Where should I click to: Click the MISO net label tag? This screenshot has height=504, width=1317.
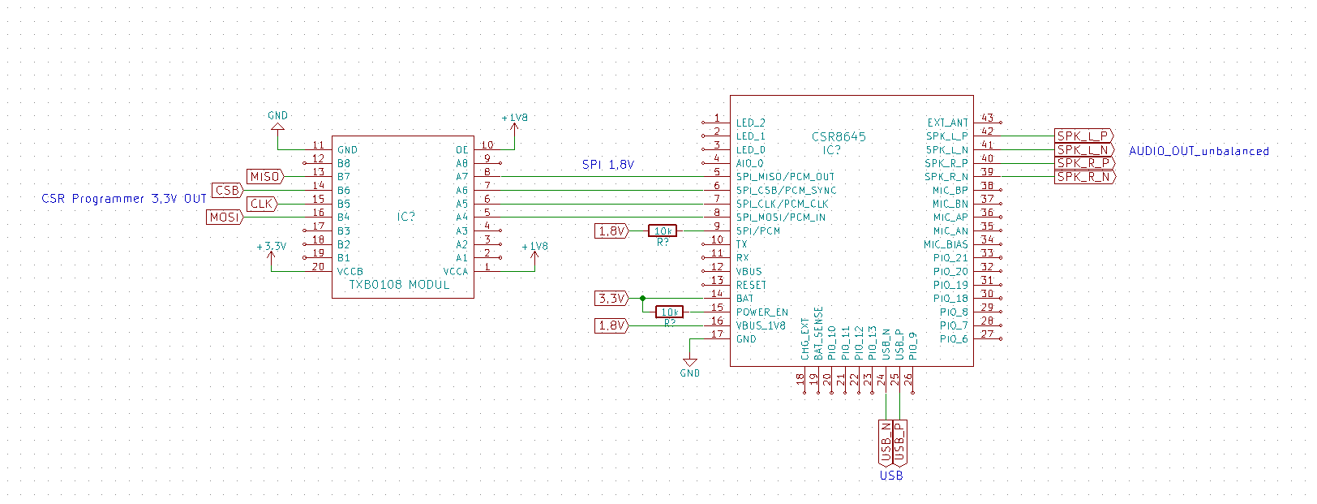point(265,177)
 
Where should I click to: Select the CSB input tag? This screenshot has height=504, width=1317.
point(227,191)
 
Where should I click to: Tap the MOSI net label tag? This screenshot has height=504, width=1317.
point(225,218)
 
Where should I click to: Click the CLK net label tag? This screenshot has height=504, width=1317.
point(261,204)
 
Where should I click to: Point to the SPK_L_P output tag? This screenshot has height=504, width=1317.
point(1083,136)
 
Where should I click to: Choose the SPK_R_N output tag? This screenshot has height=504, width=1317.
point(1083,177)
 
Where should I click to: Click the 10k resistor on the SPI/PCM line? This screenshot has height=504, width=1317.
point(663,231)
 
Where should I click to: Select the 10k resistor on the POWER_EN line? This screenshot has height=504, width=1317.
point(669,312)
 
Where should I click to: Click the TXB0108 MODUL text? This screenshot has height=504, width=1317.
point(399,285)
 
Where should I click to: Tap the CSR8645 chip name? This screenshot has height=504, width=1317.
point(839,137)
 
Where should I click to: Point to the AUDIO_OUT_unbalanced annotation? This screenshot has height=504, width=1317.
point(1199,151)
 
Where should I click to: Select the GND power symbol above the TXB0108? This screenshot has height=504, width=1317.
point(277,121)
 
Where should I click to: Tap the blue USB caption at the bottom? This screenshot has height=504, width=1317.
point(891,476)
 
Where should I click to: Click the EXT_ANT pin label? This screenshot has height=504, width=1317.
point(947,123)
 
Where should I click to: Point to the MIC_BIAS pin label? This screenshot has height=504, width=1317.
point(946,244)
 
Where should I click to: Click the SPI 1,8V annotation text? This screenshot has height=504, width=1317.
point(608,165)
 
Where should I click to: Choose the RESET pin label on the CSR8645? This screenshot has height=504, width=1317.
point(751,285)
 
